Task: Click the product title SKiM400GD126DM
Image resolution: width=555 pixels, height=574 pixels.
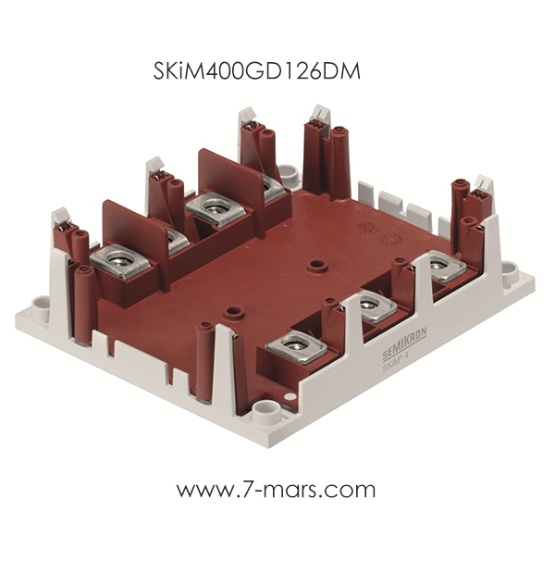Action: coord(257,70)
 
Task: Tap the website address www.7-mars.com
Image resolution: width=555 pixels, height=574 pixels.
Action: coord(277,489)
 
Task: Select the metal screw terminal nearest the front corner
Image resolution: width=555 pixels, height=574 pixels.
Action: coord(296,346)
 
